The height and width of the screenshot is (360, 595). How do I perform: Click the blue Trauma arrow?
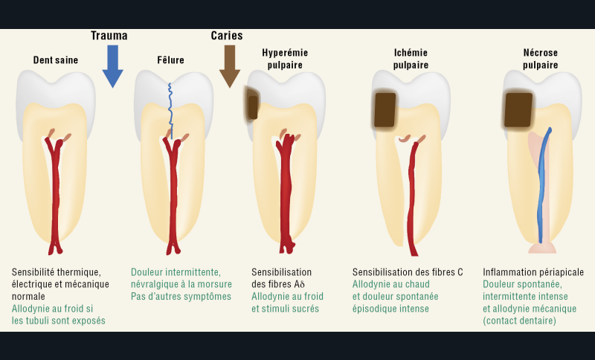pos(112,65)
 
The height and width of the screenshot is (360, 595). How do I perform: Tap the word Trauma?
pos(109,36)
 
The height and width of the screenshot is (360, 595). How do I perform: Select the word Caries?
pos(227,36)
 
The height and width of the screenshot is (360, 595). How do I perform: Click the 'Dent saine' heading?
pos(56,60)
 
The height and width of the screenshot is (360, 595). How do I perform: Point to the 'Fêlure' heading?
pos(170,60)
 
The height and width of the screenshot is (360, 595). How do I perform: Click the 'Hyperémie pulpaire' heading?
pos(285,59)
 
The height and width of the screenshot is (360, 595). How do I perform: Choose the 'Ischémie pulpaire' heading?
pos(411,59)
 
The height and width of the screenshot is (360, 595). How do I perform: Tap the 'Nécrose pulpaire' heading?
pos(540,59)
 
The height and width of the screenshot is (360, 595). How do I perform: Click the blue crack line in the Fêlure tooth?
pos(170,108)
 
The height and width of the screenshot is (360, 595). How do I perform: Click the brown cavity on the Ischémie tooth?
pos(385,109)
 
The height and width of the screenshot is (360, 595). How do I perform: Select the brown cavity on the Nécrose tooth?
pos(518,109)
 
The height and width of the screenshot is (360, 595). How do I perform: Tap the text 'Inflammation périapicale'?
pos(533,272)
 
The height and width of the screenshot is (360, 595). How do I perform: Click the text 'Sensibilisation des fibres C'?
pos(408,272)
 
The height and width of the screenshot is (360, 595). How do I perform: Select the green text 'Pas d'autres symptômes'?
pos(181,296)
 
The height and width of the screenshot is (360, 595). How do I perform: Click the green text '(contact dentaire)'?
pos(520,321)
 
